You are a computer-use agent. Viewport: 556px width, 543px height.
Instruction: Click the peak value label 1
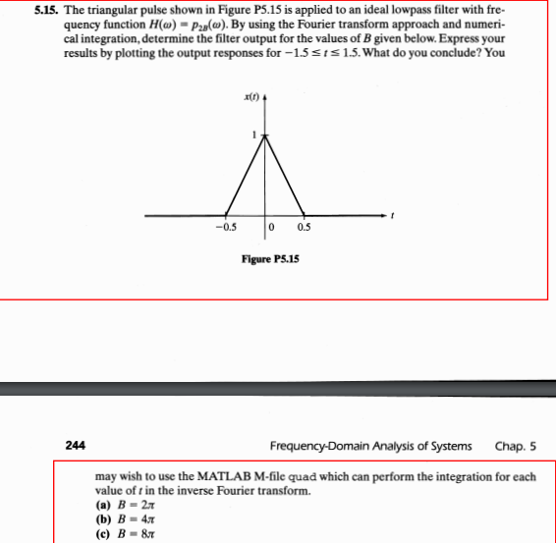coord(253,134)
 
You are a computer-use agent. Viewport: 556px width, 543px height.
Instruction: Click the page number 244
coord(76,444)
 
